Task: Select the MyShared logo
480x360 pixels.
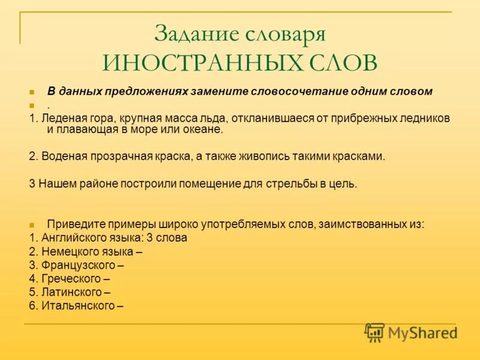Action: (x=410, y=332)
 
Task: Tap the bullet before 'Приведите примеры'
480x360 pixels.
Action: (x=32, y=225)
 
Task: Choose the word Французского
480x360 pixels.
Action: (x=78, y=265)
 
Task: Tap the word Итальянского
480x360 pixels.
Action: (x=78, y=306)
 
